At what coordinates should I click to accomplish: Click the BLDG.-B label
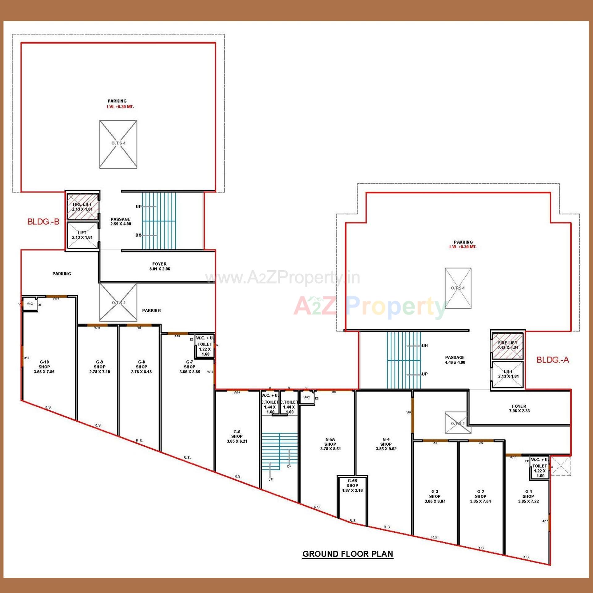pyautogui.click(x=43, y=221)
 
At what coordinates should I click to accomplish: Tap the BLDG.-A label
pyautogui.click(x=553, y=360)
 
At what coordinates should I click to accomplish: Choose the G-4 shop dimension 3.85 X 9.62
pyautogui.click(x=386, y=448)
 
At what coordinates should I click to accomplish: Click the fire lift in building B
pyautogui.click(x=82, y=207)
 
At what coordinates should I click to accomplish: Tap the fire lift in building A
pyautogui.click(x=507, y=345)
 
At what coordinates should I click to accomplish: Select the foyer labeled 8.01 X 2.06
pyautogui.click(x=159, y=266)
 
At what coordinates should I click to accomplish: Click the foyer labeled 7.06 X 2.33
pyautogui.click(x=519, y=408)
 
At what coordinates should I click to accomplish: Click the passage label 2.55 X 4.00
pyautogui.click(x=120, y=221)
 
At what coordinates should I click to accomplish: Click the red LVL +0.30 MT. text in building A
pyautogui.click(x=463, y=247)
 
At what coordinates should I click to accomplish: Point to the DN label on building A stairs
pyautogui.click(x=425, y=345)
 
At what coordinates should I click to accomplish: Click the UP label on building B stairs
pyautogui.click(x=139, y=206)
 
